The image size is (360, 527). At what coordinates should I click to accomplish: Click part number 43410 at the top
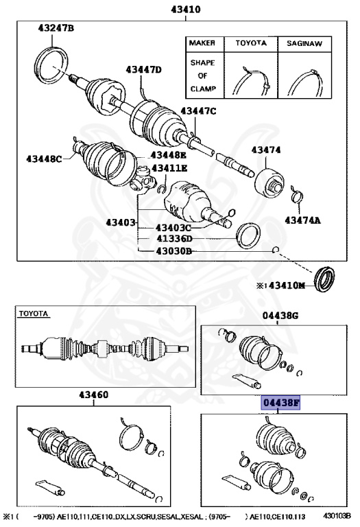tap(179, 10)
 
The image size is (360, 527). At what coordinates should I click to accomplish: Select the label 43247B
tap(56, 28)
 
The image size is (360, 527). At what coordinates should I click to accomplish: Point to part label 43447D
tap(143, 70)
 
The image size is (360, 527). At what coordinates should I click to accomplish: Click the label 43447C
tap(198, 111)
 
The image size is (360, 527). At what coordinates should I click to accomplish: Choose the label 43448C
tap(45, 159)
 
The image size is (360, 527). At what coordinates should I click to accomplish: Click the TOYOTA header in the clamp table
tap(251, 43)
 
